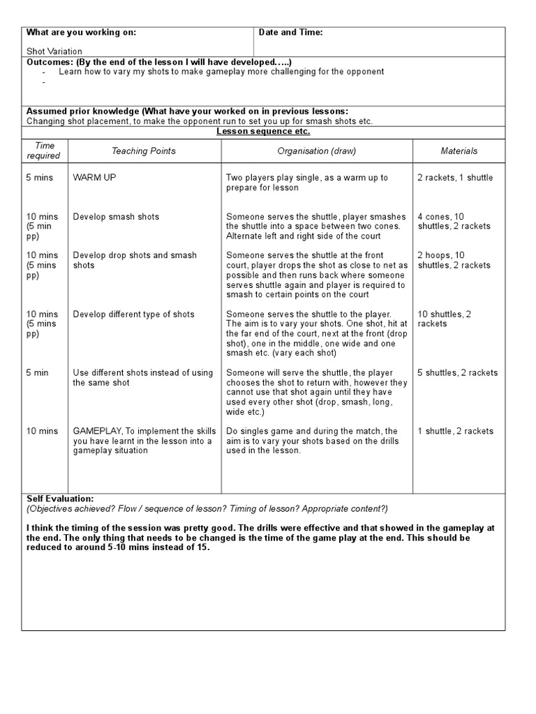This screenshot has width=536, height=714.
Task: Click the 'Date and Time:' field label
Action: click(x=290, y=33)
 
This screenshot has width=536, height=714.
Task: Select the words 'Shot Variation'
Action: click(x=54, y=51)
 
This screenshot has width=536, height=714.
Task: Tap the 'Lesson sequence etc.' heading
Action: click(x=263, y=132)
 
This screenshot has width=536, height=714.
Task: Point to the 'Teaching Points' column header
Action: click(x=144, y=151)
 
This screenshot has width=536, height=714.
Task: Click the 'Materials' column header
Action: click(x=459, y=151)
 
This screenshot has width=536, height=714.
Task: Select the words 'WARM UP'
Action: click(x=94, y=178)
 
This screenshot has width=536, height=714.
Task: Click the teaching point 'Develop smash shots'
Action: click(x=116, y=217)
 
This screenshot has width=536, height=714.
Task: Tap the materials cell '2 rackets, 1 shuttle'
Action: click(x=455, y=178)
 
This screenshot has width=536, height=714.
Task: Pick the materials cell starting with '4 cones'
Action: click(x=454, y=222)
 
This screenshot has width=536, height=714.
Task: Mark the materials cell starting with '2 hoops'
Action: click(x=454, y=261)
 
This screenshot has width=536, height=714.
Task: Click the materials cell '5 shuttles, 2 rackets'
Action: click(x=458, y=373)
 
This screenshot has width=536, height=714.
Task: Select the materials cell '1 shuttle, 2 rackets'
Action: click(x=455, y=432)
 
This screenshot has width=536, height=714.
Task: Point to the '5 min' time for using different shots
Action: click(x=38, y=373)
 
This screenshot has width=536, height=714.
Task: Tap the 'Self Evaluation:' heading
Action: click(x=59, y=499)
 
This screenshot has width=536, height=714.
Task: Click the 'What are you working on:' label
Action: click(x=81, y=33)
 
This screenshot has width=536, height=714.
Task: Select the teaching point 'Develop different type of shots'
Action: click(x=133, y=314)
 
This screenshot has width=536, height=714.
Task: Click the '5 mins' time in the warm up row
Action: click(x=40, y=178)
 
